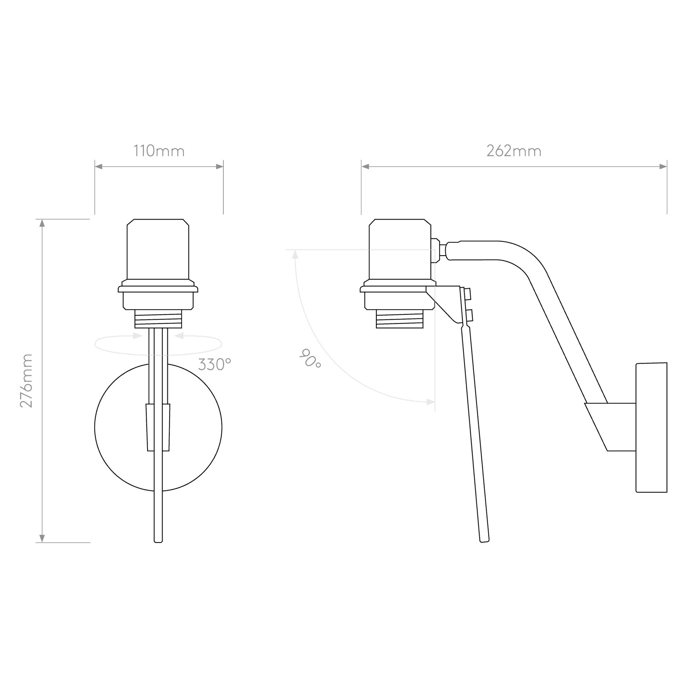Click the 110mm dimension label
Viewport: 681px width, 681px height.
159,151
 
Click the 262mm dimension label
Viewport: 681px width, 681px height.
514,151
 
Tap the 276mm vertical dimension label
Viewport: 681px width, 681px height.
26,381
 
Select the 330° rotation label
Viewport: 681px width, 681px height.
214,364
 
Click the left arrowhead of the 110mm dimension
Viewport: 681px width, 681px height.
98,167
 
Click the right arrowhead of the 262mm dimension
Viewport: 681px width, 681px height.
663,167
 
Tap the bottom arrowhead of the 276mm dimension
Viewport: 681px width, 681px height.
42,539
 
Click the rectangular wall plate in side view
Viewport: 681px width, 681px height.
651,427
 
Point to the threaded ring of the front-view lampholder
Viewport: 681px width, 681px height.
158,319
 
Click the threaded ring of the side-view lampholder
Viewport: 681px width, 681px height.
399,319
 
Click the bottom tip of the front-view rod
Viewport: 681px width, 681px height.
158,542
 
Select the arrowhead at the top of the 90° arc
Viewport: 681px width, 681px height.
295,254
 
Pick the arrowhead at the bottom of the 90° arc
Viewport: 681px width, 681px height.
430,402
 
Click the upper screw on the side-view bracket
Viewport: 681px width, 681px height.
468,294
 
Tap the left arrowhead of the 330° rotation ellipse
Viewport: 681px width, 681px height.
138,336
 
